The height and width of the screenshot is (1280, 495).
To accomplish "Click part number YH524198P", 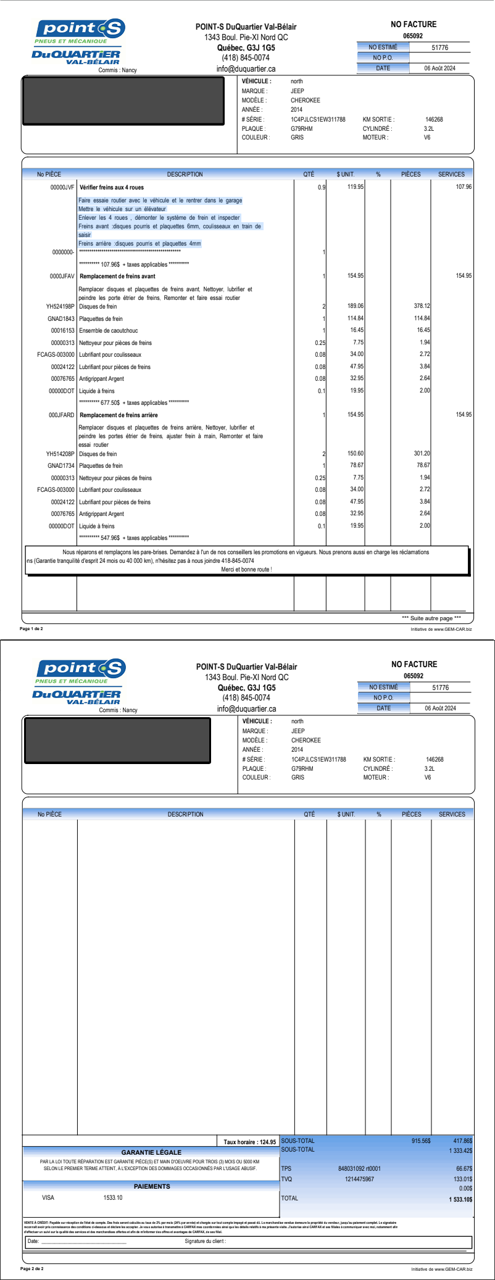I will pos(60,307).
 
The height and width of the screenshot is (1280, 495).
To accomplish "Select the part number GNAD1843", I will pos(61,319).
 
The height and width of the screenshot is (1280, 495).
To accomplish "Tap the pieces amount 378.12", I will pos(422,306).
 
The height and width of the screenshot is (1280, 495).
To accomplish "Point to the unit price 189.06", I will pos(356,306).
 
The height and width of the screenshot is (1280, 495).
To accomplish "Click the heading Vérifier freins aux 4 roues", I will pos(112,187).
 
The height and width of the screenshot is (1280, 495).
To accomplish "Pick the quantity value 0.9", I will pos(321,187).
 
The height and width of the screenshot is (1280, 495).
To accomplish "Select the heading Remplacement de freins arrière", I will pos(119,415).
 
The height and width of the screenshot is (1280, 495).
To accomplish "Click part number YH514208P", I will pos(60,454).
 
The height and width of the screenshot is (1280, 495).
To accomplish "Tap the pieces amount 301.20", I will pos(422,454).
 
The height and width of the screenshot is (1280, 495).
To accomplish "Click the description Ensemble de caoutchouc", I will pos(109,331).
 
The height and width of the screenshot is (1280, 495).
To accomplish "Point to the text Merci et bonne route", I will pos(246,569).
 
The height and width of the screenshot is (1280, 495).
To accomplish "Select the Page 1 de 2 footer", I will pos(31,629).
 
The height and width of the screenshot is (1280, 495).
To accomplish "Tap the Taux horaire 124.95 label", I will pos(249,1142).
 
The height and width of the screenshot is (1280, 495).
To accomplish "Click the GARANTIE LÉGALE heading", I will pos(151,1152).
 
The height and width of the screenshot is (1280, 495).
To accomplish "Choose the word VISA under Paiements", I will pos(48,1197).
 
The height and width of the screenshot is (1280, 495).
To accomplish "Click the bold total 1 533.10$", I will pos(460,1199).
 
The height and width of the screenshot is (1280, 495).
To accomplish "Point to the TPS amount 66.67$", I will pos(464,1169).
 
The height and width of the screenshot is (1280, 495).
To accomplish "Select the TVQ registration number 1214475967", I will pos(359,1179).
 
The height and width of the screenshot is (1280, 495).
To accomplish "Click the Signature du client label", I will pos(206,1241).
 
